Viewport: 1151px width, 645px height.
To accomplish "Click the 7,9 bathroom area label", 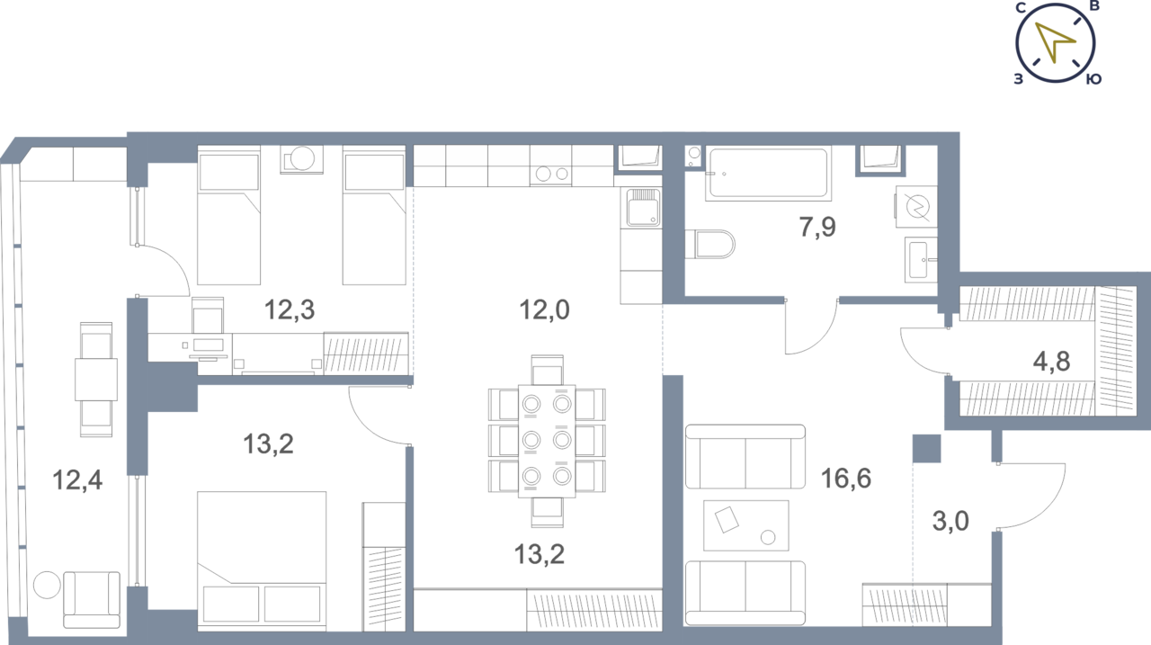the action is click(x=817, y=227).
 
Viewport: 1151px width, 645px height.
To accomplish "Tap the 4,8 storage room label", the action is click(x=1051, y=362).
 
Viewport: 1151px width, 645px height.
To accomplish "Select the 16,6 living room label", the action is click(x=846, y=478).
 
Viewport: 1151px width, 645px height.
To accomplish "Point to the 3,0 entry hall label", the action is click(x=950, y=521).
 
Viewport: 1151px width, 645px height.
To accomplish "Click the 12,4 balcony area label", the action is click(x=77, y=480).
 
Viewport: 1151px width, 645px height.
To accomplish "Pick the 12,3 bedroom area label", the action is click(x=290, y=310).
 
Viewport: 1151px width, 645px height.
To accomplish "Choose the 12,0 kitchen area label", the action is click(x=544, y=310).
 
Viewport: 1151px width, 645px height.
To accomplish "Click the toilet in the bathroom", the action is click(x=710, y=244).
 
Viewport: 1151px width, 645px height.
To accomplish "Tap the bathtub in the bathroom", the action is click(x=768, y=174).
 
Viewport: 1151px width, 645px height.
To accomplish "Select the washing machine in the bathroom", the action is click(x=916, y=207).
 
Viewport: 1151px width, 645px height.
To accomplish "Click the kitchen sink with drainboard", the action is click(x=641, y=208).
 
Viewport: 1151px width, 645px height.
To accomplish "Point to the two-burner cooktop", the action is click(x=551, y=174).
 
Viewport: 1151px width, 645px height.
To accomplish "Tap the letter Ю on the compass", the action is click(x=1093, y=79).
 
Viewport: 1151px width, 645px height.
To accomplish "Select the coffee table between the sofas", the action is click(x=746, y=525).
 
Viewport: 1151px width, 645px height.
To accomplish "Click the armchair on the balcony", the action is click(x=92, y=600).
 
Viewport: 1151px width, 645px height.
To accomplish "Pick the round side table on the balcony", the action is click(x=47, y=585).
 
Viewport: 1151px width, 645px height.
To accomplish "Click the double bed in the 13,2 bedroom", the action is click(x=262, y=561).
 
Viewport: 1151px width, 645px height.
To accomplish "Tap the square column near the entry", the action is click(x=927, y=449).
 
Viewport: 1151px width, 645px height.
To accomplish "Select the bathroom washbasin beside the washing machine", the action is click(x=921, y=260).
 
